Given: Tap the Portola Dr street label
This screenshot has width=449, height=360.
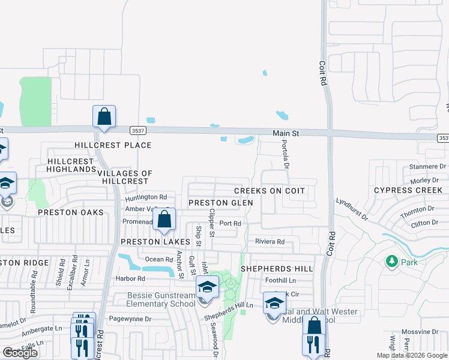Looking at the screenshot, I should (x=286, y=155).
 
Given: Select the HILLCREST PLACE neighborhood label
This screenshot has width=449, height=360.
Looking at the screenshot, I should (x=113, y=145).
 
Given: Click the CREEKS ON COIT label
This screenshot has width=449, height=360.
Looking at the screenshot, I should (x=270, y=191).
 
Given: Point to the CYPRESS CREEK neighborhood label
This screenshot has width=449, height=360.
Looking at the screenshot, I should (x=408, y=190).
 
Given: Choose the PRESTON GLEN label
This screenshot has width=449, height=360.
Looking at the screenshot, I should (x=220, y=203).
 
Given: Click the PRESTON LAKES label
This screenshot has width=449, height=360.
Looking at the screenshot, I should (x=155, y=242).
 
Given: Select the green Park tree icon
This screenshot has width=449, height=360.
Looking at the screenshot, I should (x=392, y=262).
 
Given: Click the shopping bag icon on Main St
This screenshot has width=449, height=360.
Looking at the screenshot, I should (x=104, y=116).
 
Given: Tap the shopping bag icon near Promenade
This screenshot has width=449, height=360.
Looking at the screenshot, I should (x=164, y=219).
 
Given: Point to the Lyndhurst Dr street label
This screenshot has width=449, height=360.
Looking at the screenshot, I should (x=351, y=210).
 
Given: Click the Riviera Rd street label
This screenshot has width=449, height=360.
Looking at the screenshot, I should (x=270, y=242).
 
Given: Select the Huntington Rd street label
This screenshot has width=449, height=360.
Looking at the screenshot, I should (x=146, y=197).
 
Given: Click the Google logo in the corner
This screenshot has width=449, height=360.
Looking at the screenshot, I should (x=20, y=353).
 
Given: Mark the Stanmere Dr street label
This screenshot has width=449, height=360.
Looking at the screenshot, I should (x=427, y=166).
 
